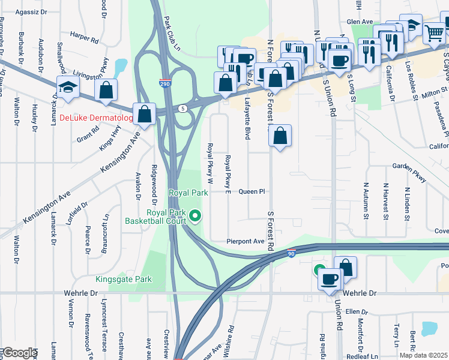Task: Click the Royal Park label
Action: [188, 193]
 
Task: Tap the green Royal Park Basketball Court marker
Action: [195, 215]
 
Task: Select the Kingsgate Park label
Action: [124, 279]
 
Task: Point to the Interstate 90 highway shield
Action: [291, 254]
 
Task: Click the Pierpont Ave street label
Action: [246, 241]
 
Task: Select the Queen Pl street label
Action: [252, 192]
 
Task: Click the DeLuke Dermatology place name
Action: [96, 118]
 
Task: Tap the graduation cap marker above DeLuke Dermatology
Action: [68, 88]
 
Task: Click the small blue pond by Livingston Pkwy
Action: [120, 65]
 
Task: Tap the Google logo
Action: [20, 353]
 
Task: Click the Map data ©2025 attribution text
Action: [422, 355]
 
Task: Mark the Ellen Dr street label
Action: [356, 312]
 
